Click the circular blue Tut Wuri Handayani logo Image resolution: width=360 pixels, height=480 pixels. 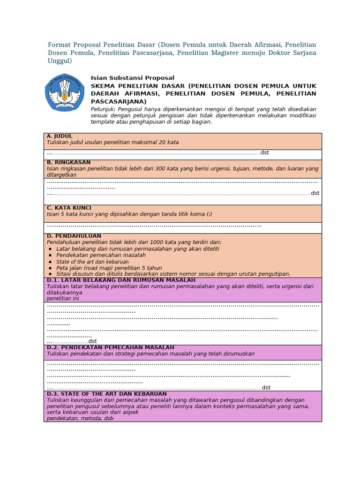point(65,92)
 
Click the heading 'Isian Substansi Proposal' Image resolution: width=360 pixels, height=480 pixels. point(132,78)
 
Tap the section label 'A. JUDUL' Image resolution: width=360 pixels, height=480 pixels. point(60,136)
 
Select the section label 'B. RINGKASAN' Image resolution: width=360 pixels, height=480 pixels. point(68,162)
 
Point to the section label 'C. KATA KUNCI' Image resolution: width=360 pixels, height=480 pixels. point(69,208)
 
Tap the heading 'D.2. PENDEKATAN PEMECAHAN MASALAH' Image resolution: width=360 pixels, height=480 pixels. point(110,347)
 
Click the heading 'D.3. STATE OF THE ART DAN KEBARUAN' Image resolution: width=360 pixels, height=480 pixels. point(106,394)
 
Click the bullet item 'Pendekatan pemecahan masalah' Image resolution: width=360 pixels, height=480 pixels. point(101,255)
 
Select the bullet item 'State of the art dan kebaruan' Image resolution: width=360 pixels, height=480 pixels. point(92,262)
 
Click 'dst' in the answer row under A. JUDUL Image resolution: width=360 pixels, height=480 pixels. point(264,153)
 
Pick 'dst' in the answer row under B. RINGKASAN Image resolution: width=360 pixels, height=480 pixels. point(315,193)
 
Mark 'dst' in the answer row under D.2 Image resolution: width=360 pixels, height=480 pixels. point(266,388)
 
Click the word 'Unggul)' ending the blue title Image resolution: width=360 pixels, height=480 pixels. point(60,61)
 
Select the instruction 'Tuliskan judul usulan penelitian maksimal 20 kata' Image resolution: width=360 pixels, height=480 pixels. point(112,142)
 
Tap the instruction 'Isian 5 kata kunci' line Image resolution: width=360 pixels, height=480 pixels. point(129,214)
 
